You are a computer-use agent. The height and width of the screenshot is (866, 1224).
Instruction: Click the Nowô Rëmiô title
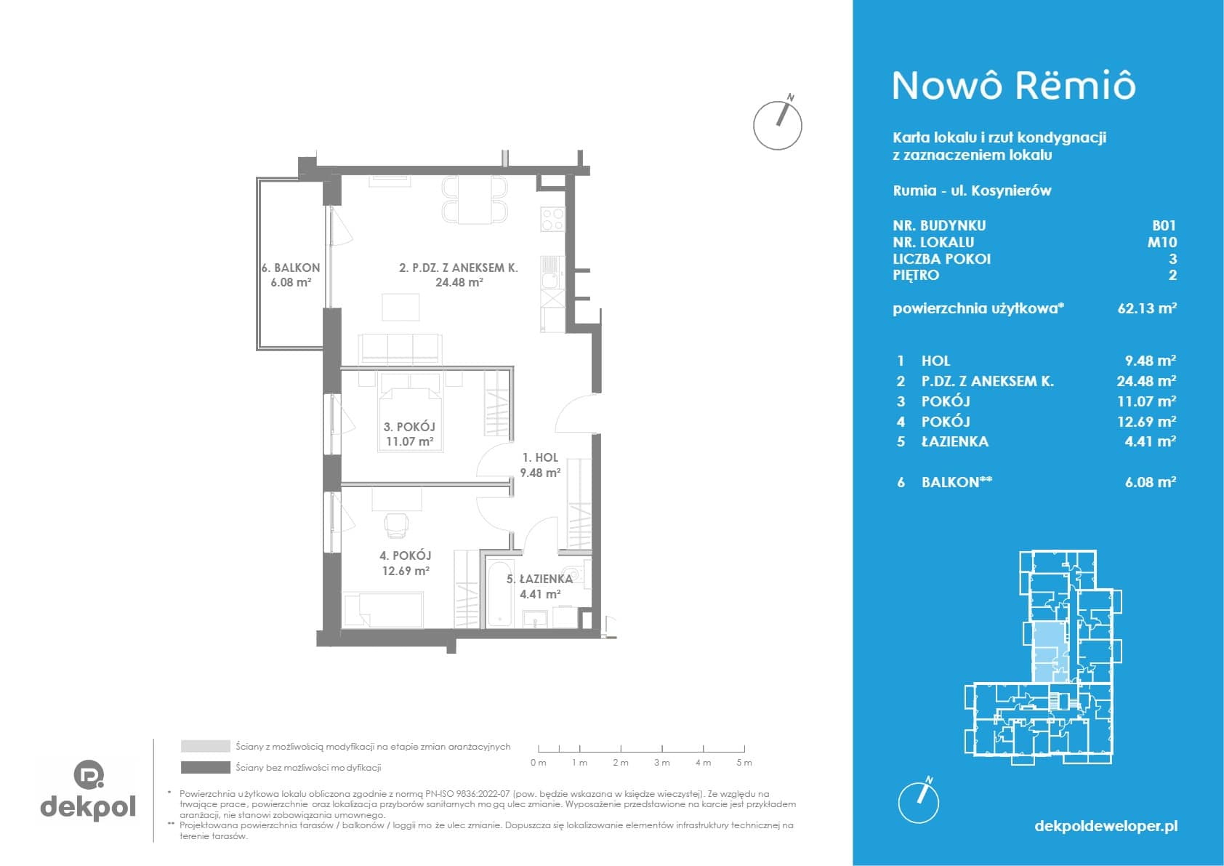pos(1014,87)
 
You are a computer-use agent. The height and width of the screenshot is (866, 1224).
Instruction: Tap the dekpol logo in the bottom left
pos(88,790)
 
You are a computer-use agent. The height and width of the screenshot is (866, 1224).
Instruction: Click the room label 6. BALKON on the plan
pos(291,268)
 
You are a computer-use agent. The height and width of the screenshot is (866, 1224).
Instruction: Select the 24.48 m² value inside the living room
pos(459,283)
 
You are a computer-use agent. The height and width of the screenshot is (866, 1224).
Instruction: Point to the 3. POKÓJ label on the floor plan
pos(409,427)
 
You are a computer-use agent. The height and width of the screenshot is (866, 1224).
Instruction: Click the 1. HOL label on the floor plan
pos(541,457)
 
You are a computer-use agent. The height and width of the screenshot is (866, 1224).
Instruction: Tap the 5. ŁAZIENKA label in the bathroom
pos(539,579)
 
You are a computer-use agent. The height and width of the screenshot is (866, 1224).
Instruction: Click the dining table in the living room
pos(475,200)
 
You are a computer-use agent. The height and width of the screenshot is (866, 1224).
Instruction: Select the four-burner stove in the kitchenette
pos(552,220)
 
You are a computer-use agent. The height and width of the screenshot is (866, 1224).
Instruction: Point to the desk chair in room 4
pos(395,526)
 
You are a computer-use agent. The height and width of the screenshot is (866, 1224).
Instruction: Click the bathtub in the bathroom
pos(500,593)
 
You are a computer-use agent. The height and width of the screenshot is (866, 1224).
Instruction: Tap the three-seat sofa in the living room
pos(400,349)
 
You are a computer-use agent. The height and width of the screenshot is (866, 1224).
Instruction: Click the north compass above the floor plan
pos(778,124)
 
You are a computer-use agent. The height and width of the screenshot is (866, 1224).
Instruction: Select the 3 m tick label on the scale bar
pos(661,763)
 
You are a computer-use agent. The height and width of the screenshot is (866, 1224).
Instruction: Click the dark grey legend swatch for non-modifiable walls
pos(206,768)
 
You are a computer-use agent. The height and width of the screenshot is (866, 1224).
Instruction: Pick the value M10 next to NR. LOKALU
pos(1161,242)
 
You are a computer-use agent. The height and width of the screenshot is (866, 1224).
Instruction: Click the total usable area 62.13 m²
pos(1147,308)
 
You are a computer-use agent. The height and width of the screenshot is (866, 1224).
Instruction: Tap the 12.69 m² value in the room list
pos(1146,422)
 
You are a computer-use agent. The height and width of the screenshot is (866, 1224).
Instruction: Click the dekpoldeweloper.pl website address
pos(1106,826)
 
